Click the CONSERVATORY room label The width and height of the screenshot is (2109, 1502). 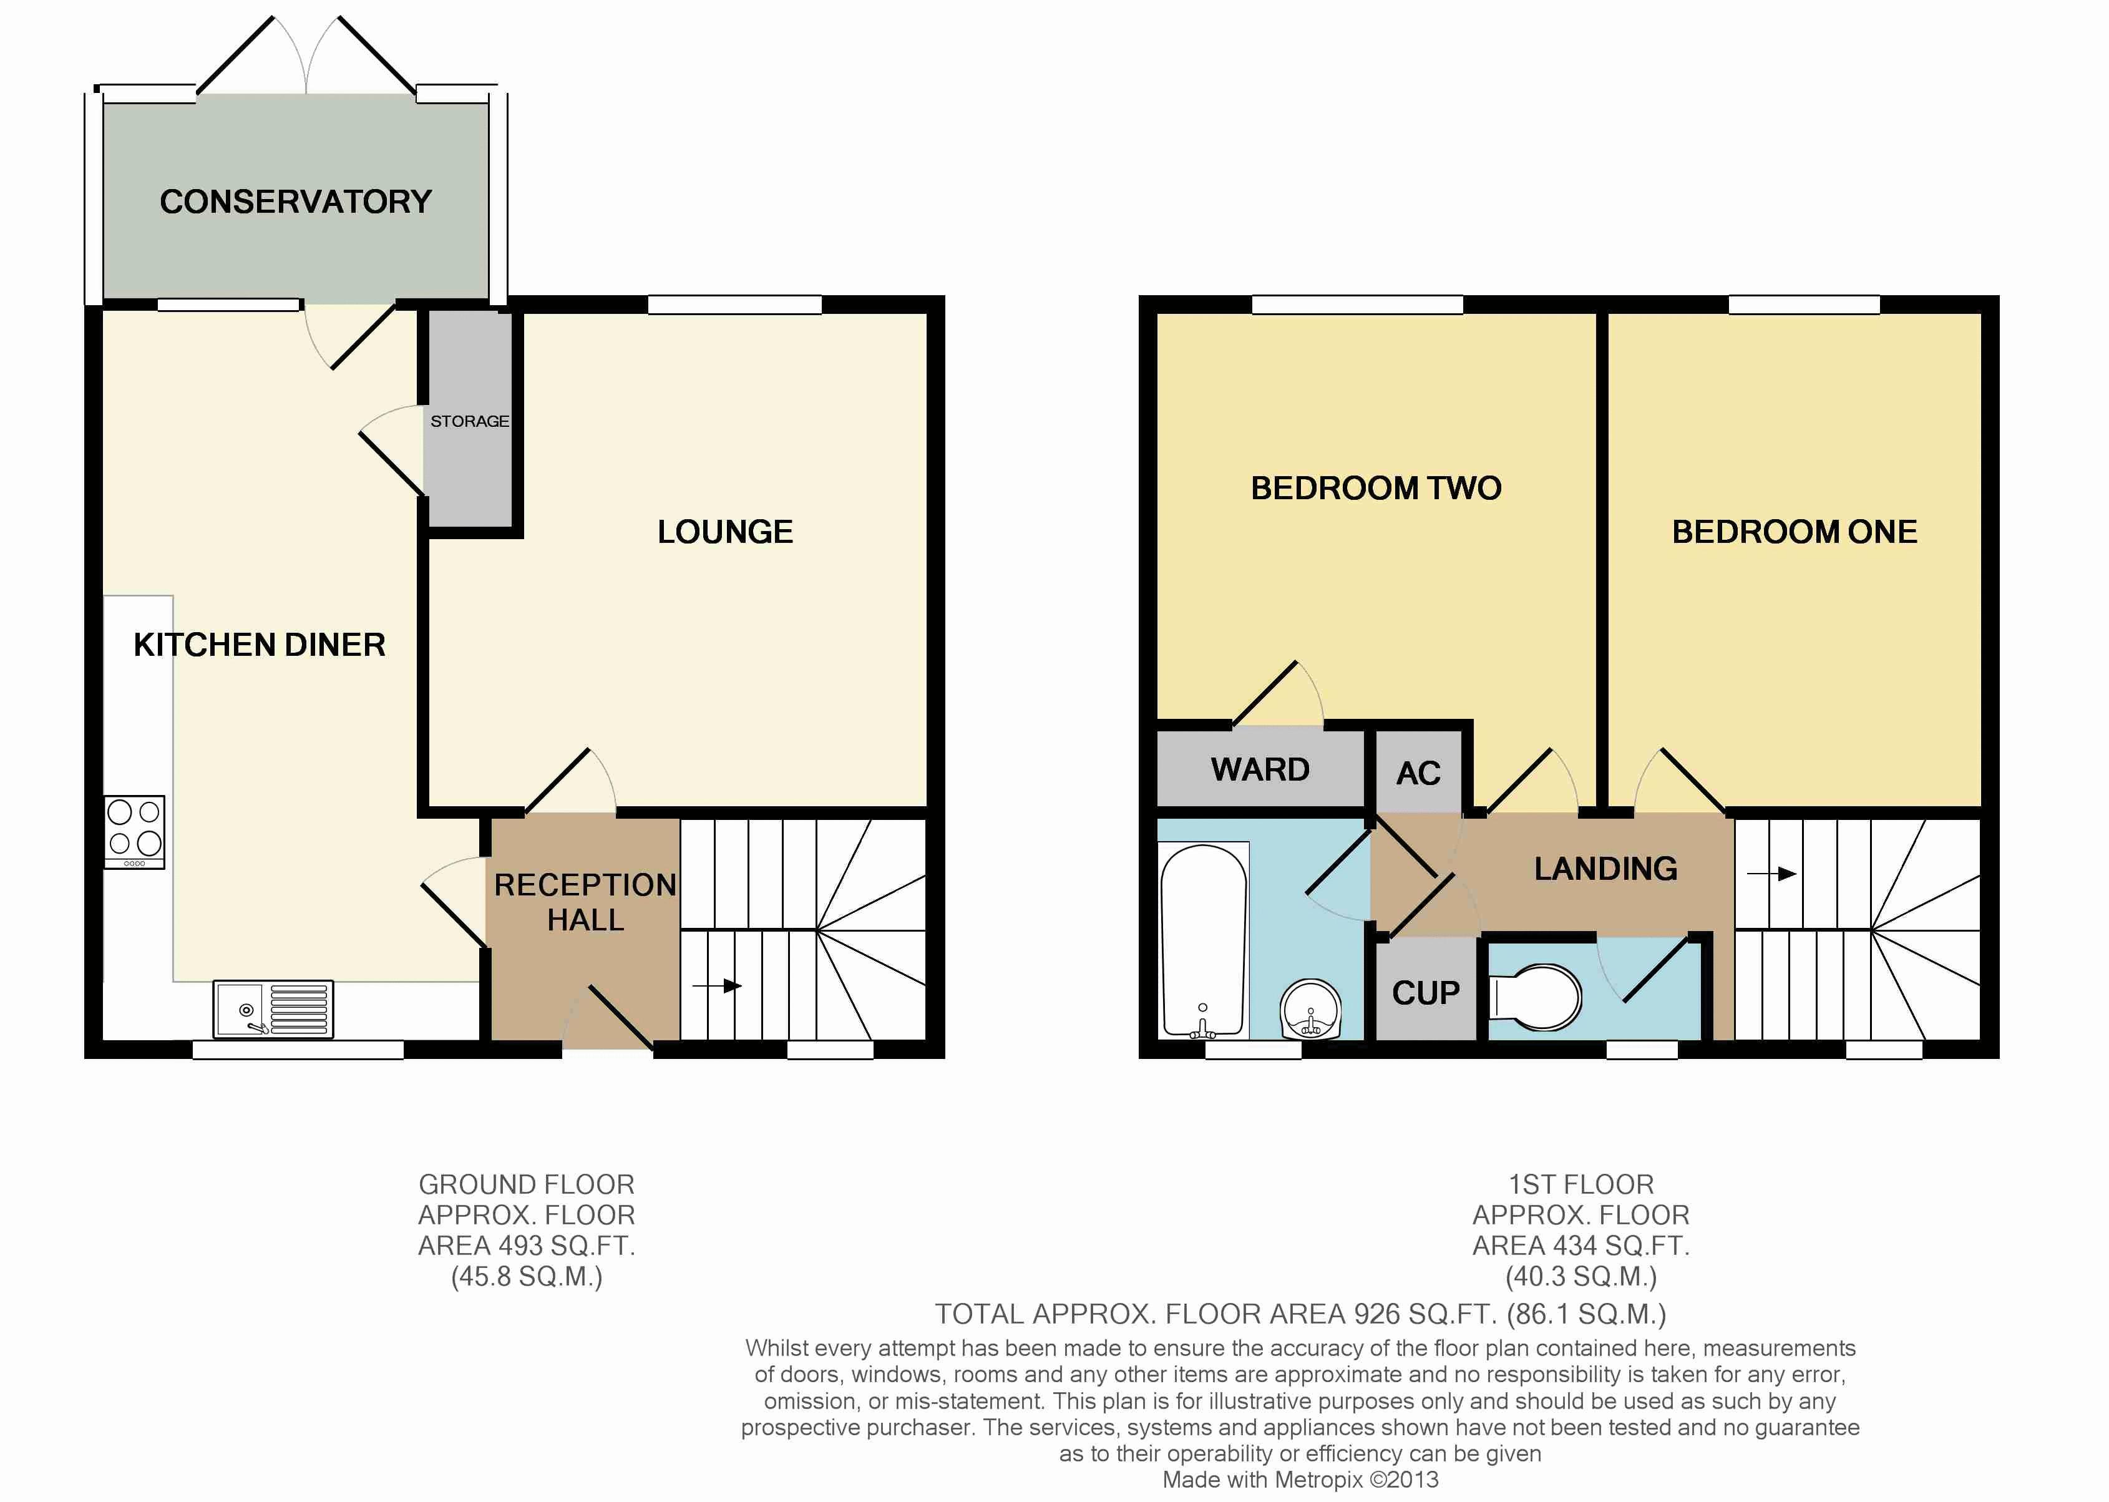296,202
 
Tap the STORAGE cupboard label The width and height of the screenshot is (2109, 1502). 470,421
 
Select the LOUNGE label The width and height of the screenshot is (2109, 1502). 725,532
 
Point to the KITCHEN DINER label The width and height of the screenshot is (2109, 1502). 260,645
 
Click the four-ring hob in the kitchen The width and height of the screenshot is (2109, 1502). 134,831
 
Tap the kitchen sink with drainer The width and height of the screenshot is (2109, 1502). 273,1009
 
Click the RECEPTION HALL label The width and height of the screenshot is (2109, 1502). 585,902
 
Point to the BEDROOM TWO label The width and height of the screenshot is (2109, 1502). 1376,489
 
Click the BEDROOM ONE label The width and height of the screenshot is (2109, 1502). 1795,532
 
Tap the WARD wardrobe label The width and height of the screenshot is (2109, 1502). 1260,769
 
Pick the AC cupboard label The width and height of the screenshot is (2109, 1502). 1418,773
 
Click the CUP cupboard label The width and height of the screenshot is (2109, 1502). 1426,993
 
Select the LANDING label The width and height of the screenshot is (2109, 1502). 1606,869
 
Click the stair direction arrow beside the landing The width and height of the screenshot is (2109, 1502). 1771,873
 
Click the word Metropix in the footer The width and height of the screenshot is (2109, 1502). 1318,1480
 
